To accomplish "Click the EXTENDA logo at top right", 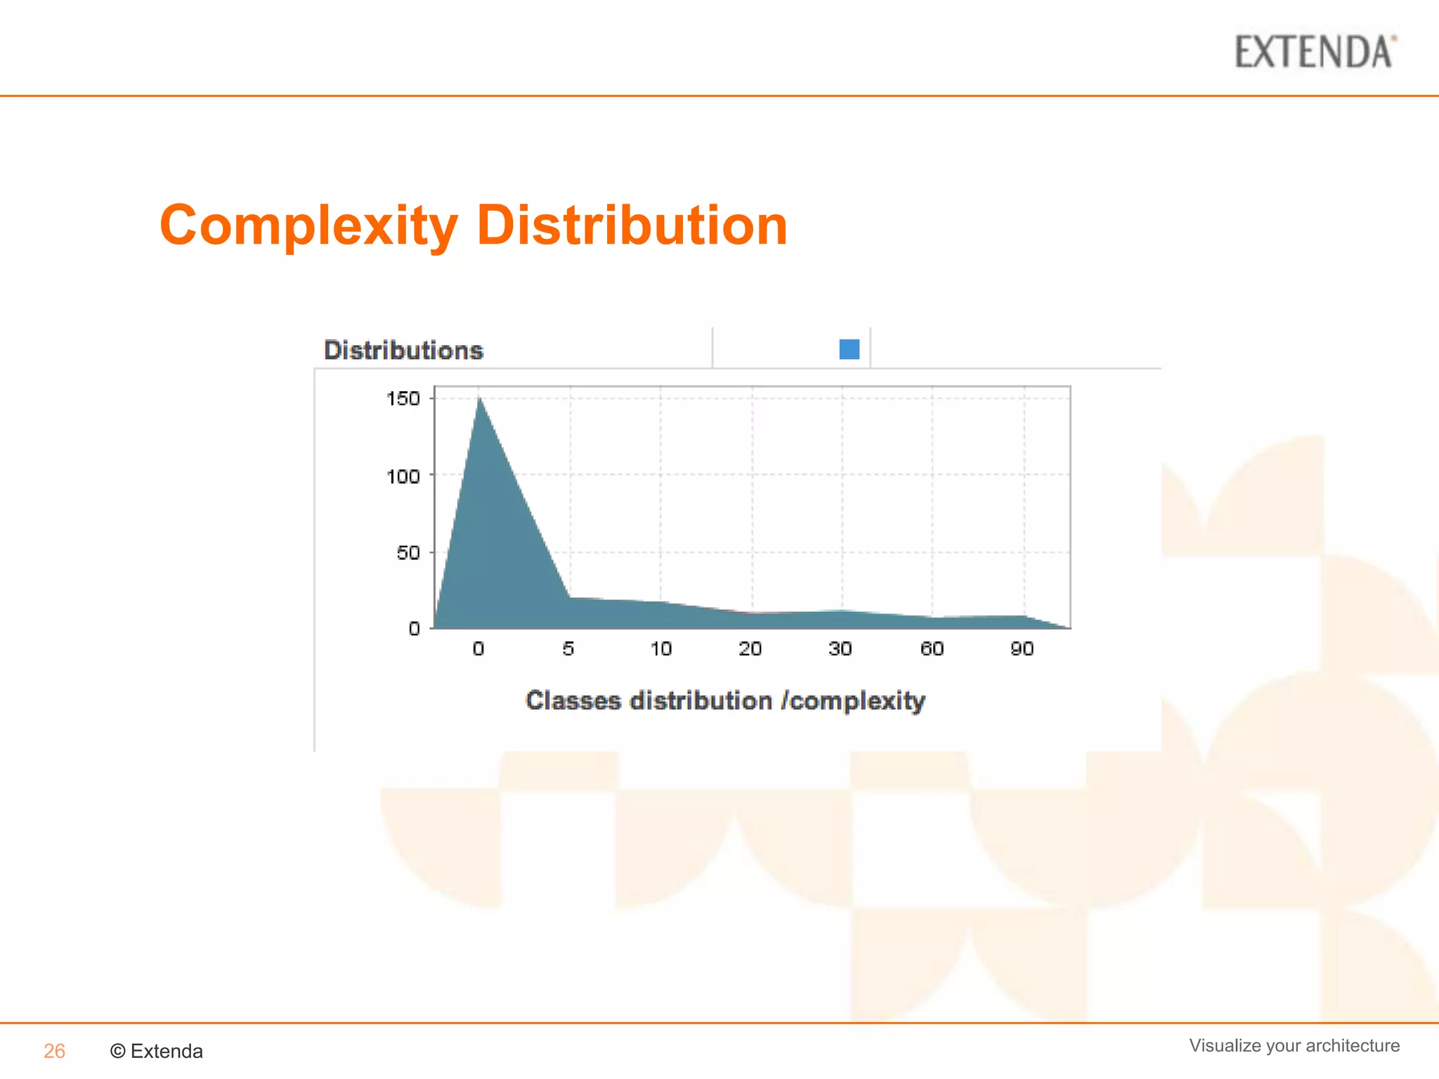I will [1315, 53].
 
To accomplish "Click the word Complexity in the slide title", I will [309, 225].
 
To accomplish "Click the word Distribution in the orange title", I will [632, 225].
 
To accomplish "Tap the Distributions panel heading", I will [403, 350].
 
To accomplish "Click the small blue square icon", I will [849, 349].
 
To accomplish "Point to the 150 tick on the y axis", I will [403, 398].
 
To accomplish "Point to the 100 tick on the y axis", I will [403, 476].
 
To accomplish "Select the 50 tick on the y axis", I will [408, 553].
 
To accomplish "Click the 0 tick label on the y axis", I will [415, 628].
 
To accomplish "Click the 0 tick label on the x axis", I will [478, 648].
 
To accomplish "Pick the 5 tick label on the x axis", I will [568, 648].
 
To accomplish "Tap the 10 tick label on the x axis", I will [660, 648].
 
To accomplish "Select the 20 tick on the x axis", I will [750, 648].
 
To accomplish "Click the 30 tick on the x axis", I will [840, 648].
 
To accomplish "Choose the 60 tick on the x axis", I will [932, 648].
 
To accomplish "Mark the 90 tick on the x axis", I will [1022, 648].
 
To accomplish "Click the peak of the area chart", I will [480, 399].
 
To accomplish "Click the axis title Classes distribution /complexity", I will [725, 700].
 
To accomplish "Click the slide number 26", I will [54, 1051].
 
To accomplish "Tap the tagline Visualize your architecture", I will [1294, 1045].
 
